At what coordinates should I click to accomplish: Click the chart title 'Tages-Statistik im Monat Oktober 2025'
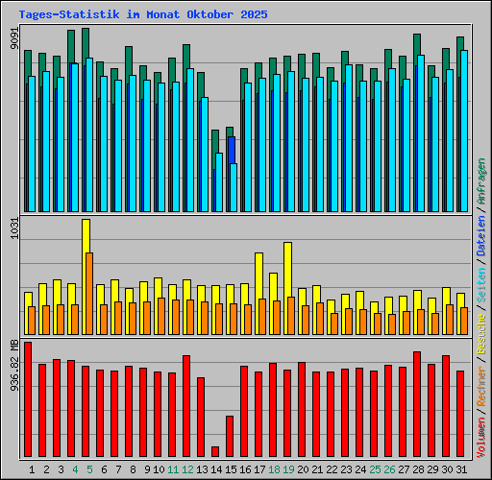(x=143, y=15)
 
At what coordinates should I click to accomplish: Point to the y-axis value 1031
(x=12, y=235)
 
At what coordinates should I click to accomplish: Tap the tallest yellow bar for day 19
(x=287, y=269)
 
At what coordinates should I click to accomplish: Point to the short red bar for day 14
(x=215, y=451)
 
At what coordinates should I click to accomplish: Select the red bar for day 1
(x=28, y=398)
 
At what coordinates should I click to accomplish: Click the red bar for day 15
(x=230, y=436)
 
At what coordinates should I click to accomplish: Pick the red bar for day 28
(x=417, y=403)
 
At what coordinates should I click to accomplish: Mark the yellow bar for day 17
(x=258, y=276)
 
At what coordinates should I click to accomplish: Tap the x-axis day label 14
(x=218, y=469)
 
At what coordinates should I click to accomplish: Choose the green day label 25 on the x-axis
(x=375, y=469)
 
